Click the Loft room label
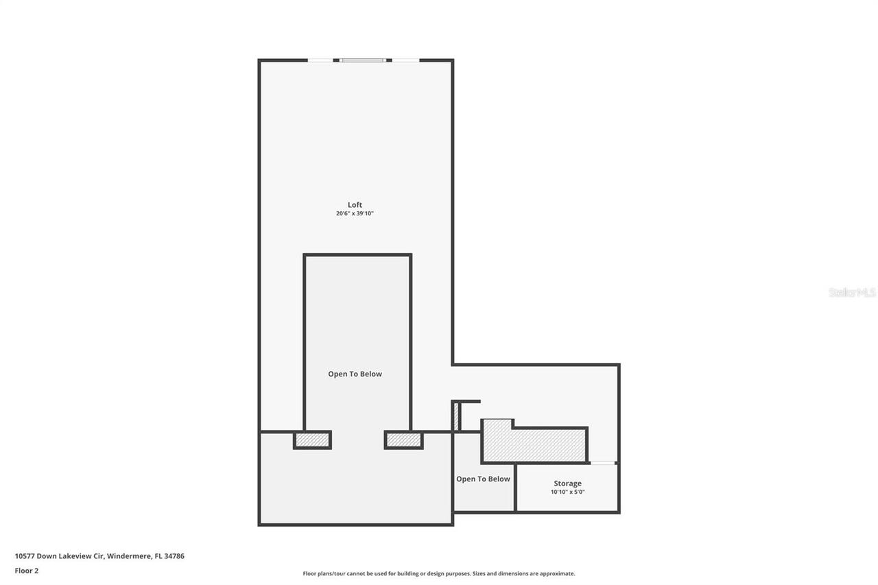(355, 204)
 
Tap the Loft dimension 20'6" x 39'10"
(355, 214)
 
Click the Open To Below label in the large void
(355, 374)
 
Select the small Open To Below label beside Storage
(483, 479)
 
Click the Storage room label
(567, 483)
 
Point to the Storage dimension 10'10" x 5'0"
(567, 492)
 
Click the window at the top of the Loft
(363, 60)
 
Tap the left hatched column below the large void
(312, 440)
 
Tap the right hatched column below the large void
(403, 440)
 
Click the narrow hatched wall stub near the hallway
(455, 416)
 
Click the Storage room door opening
(603, 463)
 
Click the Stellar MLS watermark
(852, 292)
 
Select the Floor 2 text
(27, 571)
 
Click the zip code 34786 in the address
(174, 556)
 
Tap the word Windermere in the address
(128, 556)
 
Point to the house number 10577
(25, 556)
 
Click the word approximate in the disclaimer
(556, 573)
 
